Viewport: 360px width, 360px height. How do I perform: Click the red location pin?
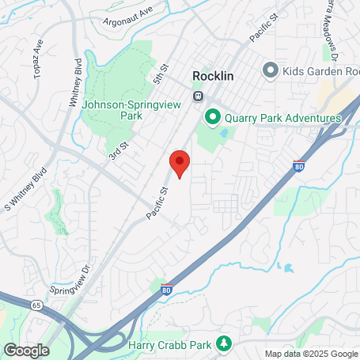[x=180, y=164]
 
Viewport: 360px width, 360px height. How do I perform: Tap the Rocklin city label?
[x=218, y=76]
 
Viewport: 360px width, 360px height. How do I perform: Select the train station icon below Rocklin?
[x=198, y=96]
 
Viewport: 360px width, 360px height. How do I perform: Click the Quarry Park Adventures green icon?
[x=212, y=118]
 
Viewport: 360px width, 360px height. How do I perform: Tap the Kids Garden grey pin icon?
[x=271, y=70]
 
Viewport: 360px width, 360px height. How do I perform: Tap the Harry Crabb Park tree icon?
[x=225, y=343]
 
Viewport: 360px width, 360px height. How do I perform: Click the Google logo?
[x=26, y=349]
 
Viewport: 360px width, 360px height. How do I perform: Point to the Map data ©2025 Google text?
[x=310, y=354]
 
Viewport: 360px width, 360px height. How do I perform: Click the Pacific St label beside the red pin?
[x=158, y=203]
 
